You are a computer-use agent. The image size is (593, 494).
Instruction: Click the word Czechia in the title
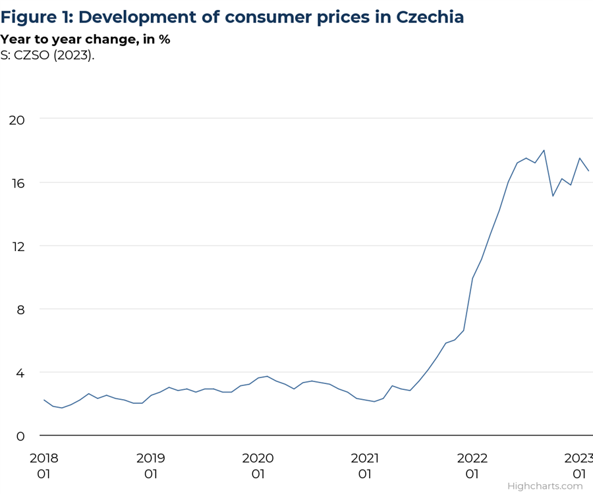(x=429, y=16)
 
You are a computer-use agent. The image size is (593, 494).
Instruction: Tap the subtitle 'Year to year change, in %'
(x=85, y=40)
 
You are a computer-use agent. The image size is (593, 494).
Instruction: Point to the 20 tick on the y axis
(x=16, y=119)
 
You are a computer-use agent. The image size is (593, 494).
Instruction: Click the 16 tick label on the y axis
(x=16, y=182)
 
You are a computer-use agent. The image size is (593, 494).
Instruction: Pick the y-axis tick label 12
(x=16, y=246)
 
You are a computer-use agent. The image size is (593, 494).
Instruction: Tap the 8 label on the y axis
(x=20, y=309)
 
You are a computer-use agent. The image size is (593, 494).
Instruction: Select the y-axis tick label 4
(x=20, y=373)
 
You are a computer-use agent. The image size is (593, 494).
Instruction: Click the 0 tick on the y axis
(x=20, y=436)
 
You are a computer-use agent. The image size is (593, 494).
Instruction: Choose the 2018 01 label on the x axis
(x=43, y=465)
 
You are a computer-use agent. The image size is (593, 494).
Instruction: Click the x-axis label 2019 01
(x=151, y=465)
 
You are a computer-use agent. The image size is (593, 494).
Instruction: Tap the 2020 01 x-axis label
(x=258, y=465)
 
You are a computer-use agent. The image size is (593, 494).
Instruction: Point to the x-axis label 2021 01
(x=365, y=465)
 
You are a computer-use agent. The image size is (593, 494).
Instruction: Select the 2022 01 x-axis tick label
(x=472, y=465)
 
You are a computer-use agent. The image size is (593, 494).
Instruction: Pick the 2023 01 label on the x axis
(x=579, y=465)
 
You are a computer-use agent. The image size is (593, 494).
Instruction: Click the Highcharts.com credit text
(x=545, y=486)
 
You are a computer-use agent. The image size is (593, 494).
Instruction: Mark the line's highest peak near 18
(x=544, y=150)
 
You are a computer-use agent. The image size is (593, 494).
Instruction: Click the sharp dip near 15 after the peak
(x=553, y=196)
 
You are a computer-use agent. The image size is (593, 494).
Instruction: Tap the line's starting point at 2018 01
(x=44, y=400)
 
